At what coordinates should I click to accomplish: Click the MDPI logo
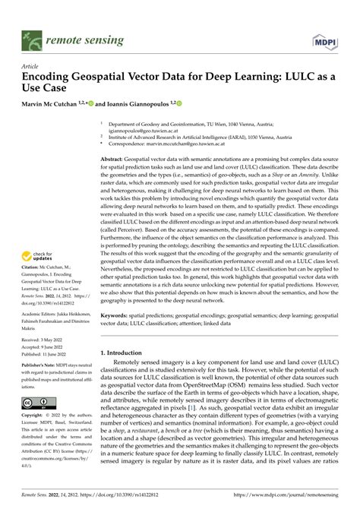[x=327, y=39]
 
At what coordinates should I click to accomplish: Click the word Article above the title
[x=31, y=66]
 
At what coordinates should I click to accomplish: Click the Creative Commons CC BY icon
[x=38, y=403]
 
